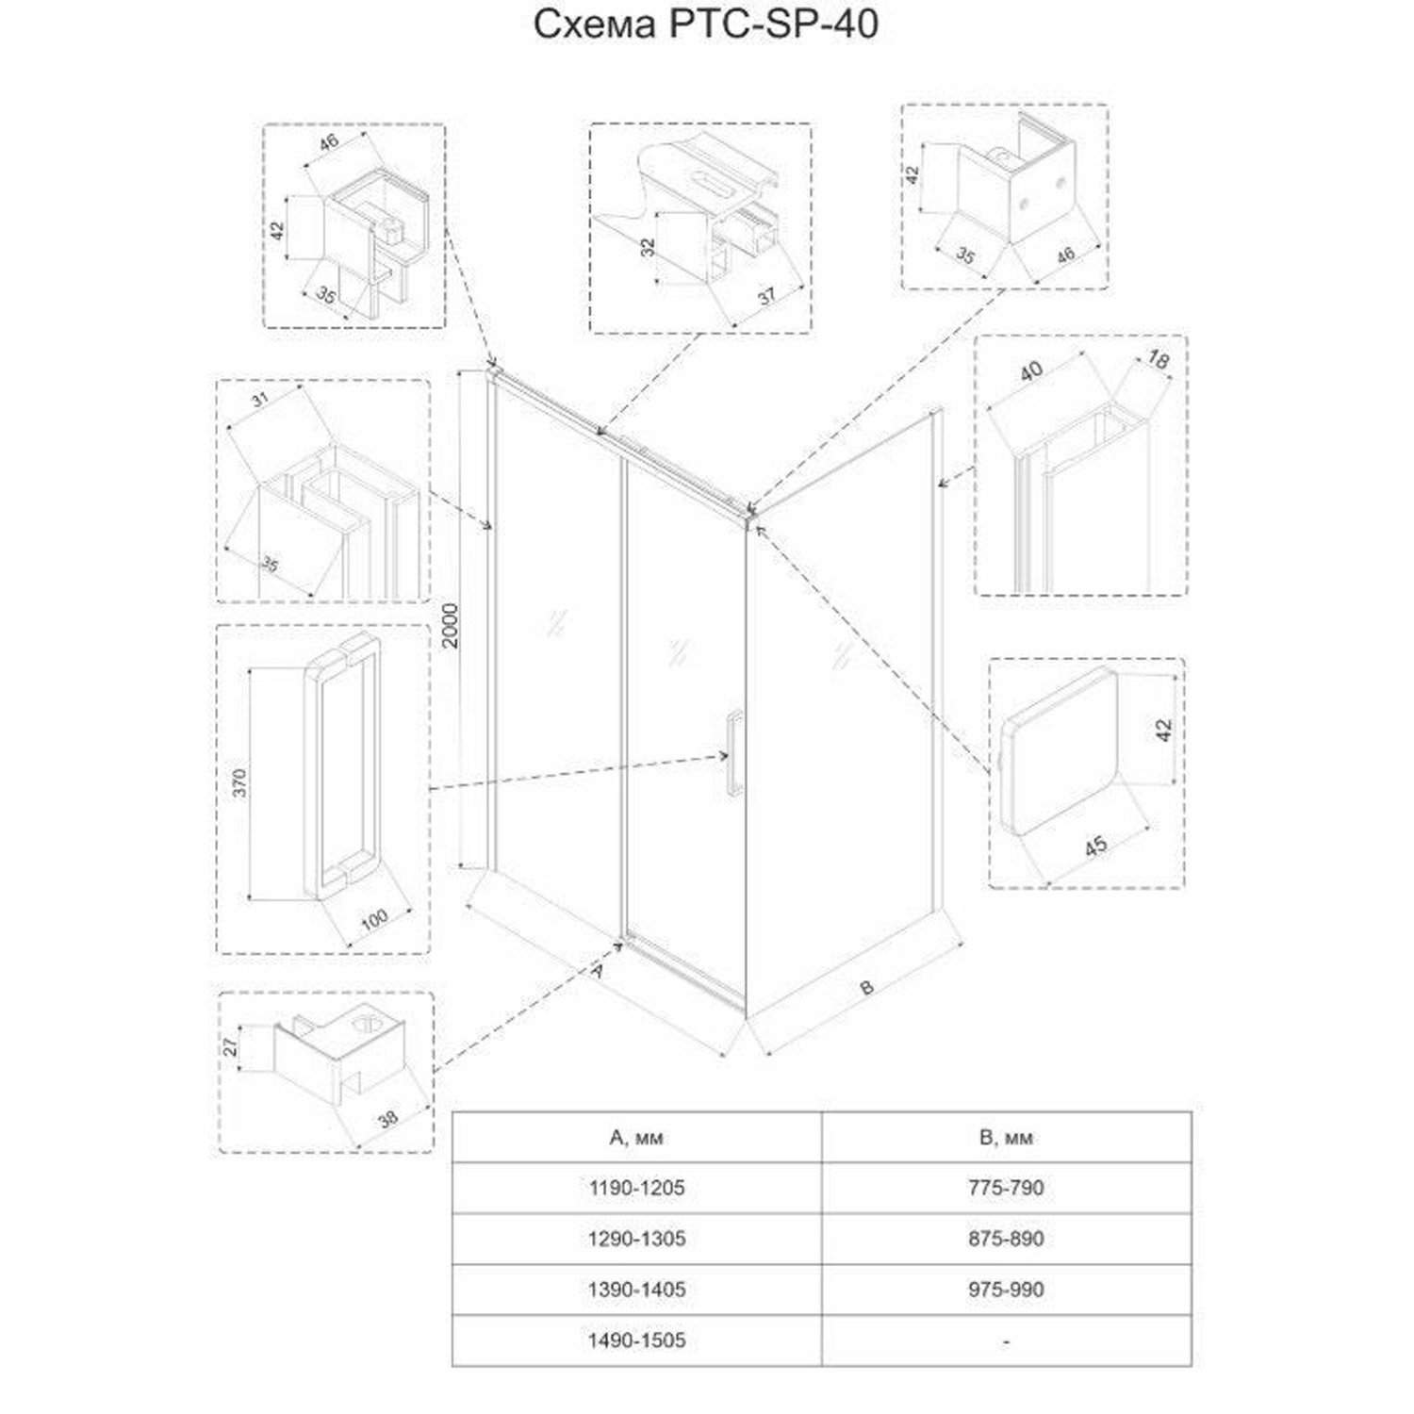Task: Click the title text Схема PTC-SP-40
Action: (x=706, y=25)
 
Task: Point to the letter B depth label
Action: (x=866, y=987)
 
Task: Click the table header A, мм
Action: (x=636, y=1138)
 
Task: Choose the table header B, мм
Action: (x=1006, y=1138)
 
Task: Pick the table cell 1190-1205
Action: (x=636, y=1188)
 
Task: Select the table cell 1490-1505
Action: (x=636, y=1340)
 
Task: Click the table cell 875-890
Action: (x=1006, y=1239)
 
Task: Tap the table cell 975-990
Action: (x=1006, y=1290)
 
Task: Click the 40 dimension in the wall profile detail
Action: (x=1031, y=370)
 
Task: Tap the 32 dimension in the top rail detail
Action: (x=647, y=248)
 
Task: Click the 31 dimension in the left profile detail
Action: (x=260, y=399)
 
